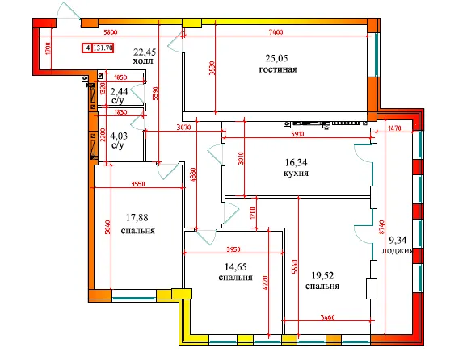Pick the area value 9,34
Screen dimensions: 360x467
[x=398, y=238]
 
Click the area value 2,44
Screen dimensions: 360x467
[x=118, y=92]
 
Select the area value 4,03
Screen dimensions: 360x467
[x=118, y=136]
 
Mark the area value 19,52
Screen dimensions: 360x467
[x=322, y=274]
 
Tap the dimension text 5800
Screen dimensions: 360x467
[x=111, y=31]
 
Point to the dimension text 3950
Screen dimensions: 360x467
[x=234, y=249]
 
